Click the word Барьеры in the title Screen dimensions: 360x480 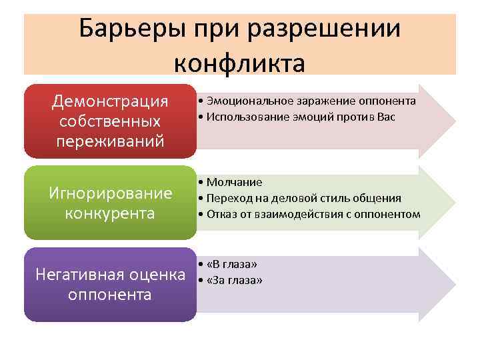click(x=131, y=29)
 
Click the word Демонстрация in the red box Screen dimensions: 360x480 click(x=110, y=101)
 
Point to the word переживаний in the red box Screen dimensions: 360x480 click(x=110, y=141)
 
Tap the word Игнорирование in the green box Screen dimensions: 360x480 click(x=110, y=193)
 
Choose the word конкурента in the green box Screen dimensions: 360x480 click(x=110, y=213)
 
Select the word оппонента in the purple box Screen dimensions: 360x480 click(x=110, y=294)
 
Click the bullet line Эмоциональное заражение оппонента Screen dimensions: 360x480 click(x=311, y=101)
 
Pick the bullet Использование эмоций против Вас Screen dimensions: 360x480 click(x=301, y=117)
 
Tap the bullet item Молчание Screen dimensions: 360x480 click(x=234, y=181)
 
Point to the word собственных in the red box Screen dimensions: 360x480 click(x=110, y=121)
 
